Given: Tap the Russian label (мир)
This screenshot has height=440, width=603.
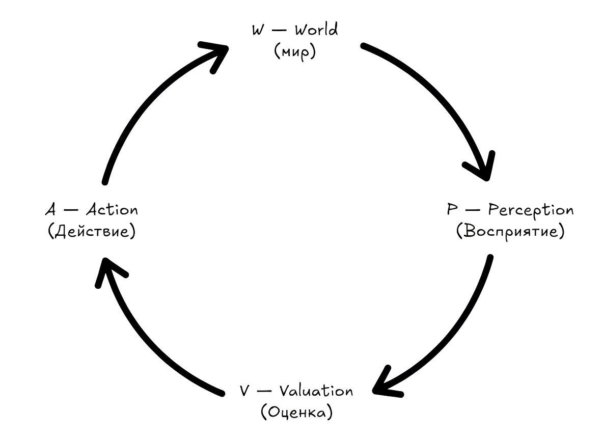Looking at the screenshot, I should coord(295,52).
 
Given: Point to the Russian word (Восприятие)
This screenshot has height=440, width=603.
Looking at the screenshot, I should coord(510,232).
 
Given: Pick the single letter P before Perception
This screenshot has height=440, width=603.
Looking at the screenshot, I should coord(451,210).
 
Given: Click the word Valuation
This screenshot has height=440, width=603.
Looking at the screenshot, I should coord(315,391).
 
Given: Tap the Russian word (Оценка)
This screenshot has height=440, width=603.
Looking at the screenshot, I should coord(296,413).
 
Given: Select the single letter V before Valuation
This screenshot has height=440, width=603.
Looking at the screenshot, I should coord(244,391).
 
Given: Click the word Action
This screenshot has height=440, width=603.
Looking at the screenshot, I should coord(111,210).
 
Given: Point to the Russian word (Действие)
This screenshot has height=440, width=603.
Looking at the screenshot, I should coord(92,232).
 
